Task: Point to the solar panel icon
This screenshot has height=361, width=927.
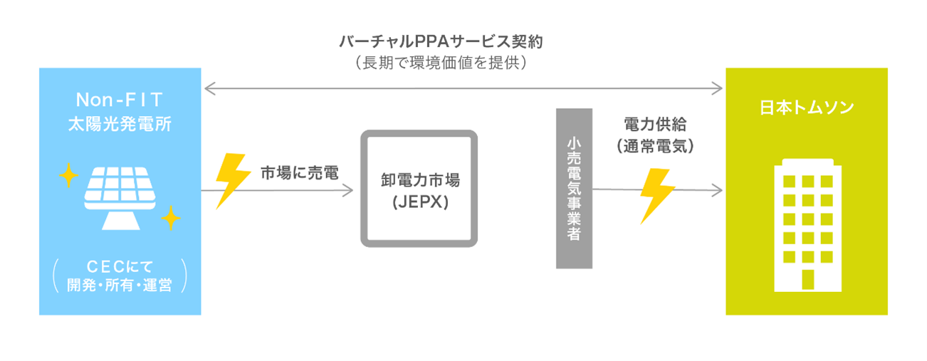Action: click(119, 196)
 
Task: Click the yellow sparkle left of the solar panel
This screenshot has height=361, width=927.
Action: click(68, 174)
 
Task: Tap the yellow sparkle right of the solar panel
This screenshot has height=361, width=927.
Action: click(171, 218)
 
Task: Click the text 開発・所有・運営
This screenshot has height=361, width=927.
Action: click(119, 286)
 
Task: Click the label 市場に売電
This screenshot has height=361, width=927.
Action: click(299, 172)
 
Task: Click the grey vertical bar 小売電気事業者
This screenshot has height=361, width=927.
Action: click(574, 189)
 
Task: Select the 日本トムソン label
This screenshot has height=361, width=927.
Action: click(807, 108)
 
